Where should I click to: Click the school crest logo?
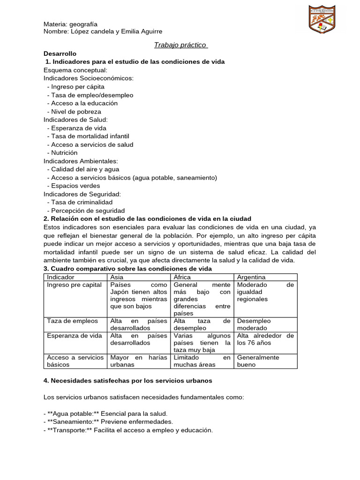[322, 20]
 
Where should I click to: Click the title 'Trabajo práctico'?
[180, 45]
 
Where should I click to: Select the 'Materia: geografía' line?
[70, 24]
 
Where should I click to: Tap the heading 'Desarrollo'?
[60, 54]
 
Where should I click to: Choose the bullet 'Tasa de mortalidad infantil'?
[90, 136]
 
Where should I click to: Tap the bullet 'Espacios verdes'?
[75, 186]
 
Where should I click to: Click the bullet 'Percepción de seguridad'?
[88, 210]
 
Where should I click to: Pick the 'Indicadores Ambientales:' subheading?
[81, 161]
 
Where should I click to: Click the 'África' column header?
[182, 277]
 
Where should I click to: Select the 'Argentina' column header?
[251, 277]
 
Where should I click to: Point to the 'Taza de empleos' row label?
[73, 321]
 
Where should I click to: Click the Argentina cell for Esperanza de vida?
[265, 339]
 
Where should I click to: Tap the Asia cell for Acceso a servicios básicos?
[138, 361]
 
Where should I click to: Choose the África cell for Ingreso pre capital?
[202, 299]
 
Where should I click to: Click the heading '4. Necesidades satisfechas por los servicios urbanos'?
[128, 381]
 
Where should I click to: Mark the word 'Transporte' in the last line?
[70, 430]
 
